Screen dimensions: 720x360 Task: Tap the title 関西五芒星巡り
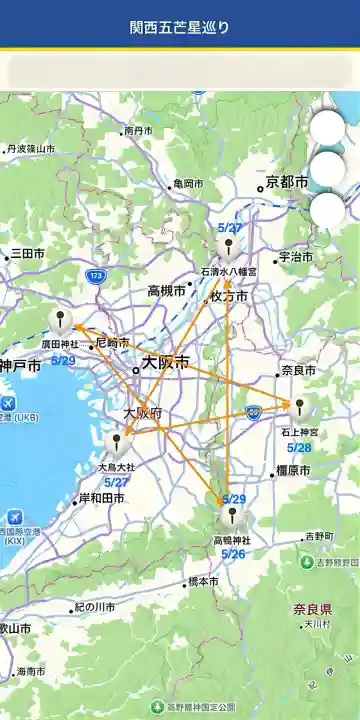tap(180, 26)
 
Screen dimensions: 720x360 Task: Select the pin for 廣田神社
tap(61, 321)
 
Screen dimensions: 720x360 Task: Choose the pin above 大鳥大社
tap(117, 441)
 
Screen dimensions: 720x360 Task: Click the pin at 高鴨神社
tap(232, 516)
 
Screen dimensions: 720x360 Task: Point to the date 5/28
tap(299, 447)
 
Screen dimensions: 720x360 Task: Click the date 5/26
tap(233, 553)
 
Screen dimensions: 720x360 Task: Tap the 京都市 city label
tap(287, 182)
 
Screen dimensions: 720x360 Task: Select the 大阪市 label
tap(164, 364)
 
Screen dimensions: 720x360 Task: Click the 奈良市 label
tap(298, 370)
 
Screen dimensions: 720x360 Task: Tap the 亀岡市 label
tap(187, 184)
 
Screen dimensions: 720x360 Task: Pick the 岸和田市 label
tap(101, 498)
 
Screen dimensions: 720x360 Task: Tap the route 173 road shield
tap(96, 275)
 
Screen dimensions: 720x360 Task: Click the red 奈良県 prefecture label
tap(312, 609)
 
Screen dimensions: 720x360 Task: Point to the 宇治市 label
tap(296, 257)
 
